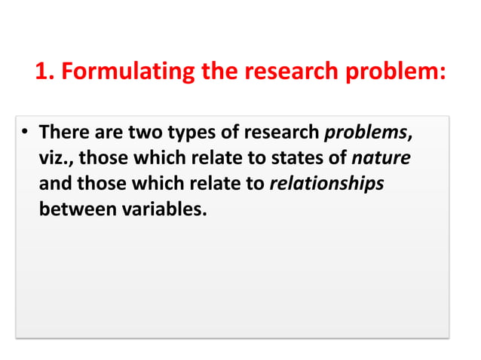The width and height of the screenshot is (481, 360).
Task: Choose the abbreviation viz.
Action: pos(57,159)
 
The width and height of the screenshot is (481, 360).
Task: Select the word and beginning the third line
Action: pos(54,184)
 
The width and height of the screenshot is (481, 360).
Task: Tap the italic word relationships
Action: pos(327,184)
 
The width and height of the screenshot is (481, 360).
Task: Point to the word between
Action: pos(77,209)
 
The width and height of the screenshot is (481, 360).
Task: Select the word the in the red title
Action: pos(217,72)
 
